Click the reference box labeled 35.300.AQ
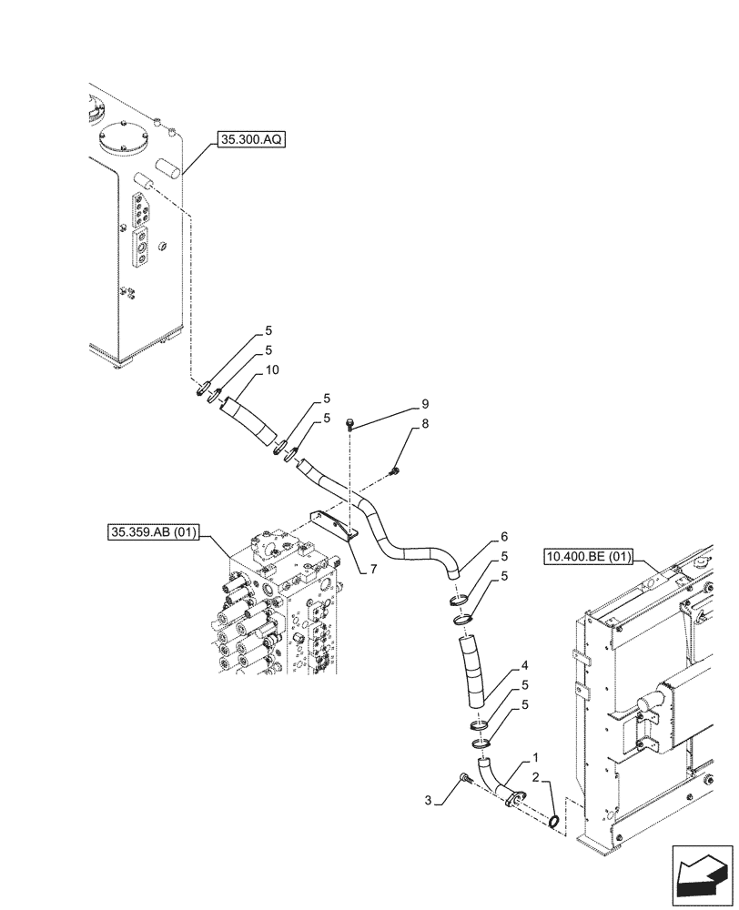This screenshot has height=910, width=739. (x=249, y=140)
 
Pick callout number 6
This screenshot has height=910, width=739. (x=503, y=537)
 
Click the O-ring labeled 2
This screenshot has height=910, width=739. (x=553, y=822)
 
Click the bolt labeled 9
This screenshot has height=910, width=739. (x=351, y=422)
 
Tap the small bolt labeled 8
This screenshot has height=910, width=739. (x=394, y=470)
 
